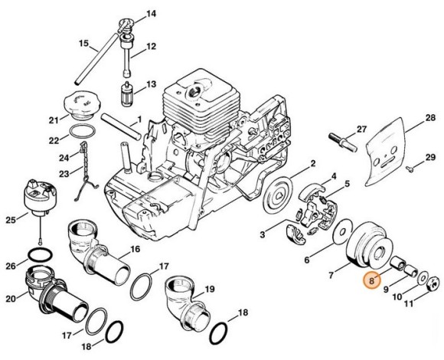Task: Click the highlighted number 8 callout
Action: [x=372, y=282]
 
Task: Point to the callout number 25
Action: [x=10, y=221]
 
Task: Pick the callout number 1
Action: [x=139, y=119]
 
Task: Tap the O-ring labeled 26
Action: [x=38, y=253]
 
